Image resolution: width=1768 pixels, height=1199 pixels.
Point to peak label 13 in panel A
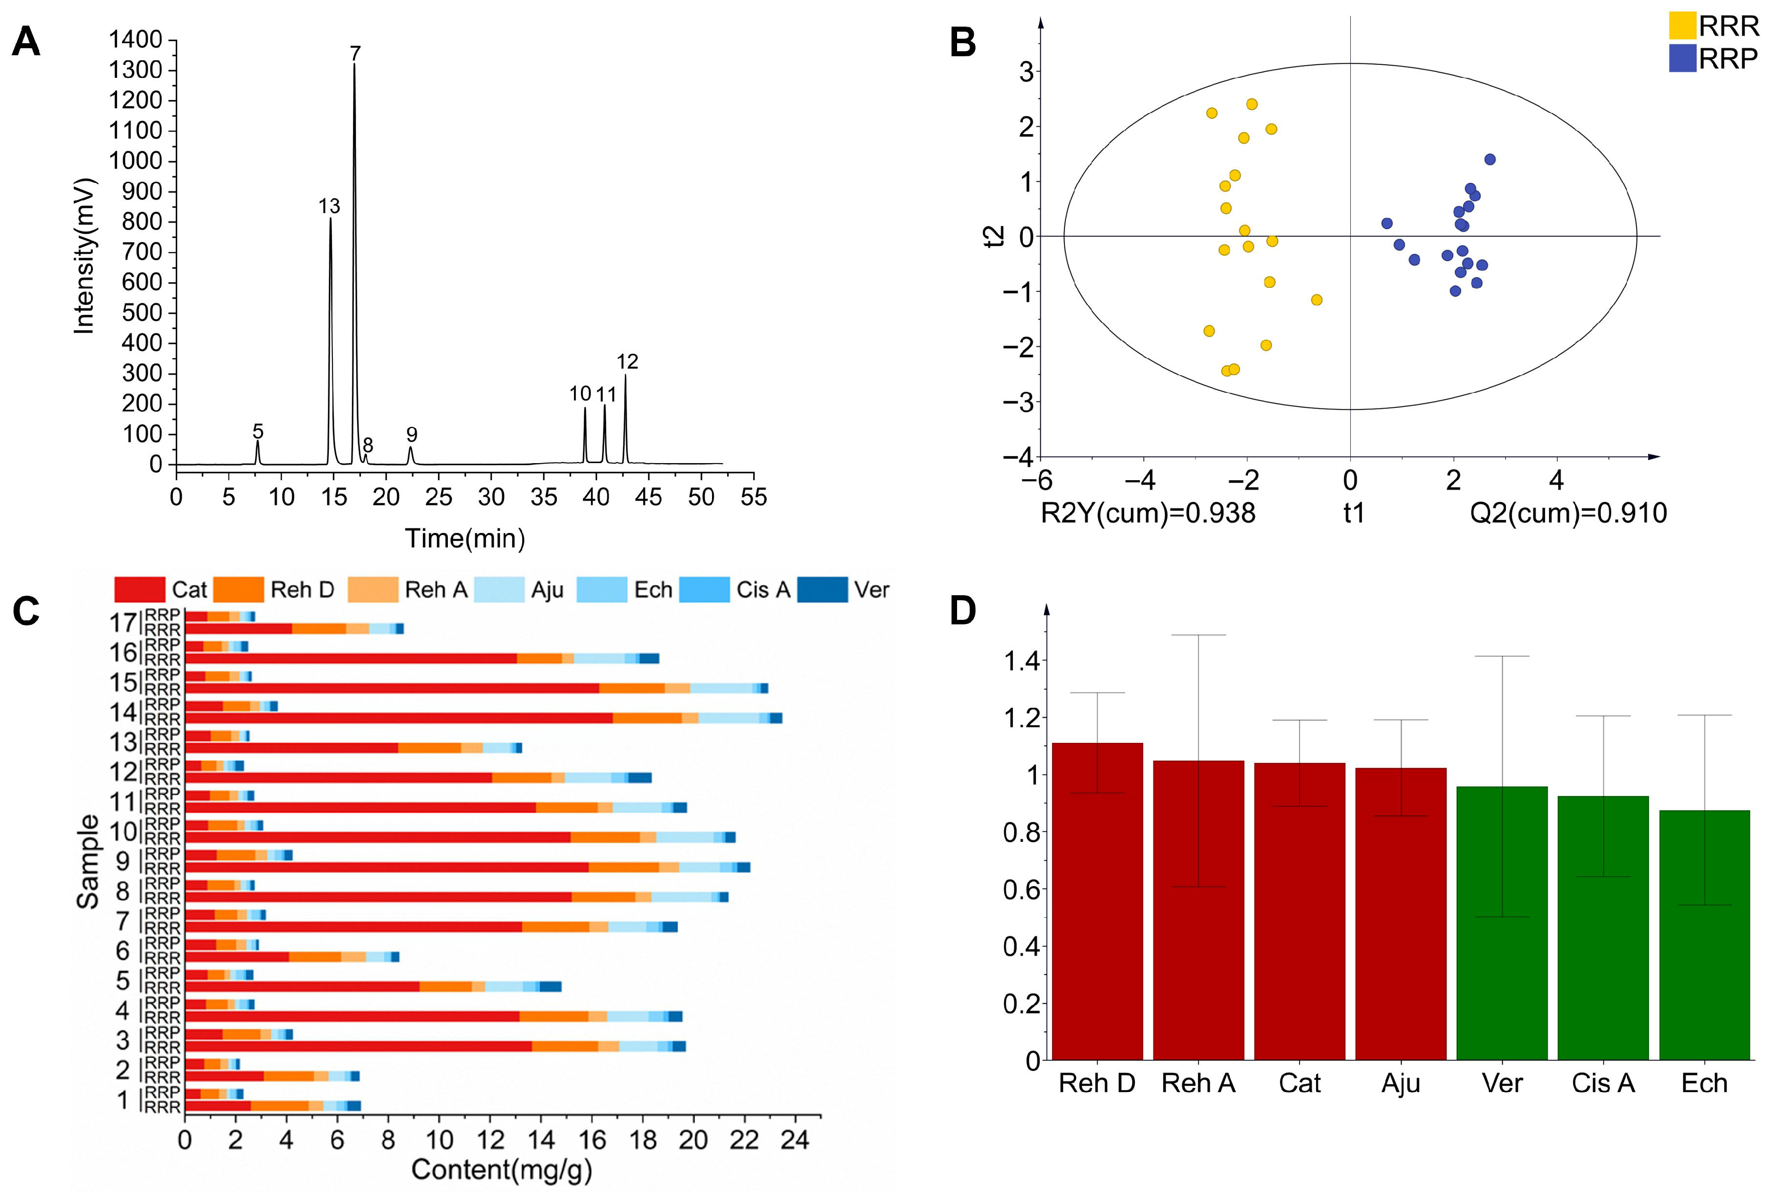pyautogui.click(x=329, y=206)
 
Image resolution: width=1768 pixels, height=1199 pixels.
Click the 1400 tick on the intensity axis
pyautogui.click(x=136, y=40)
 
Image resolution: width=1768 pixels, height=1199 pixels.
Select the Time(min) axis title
pyautogui.click(x=465, y=538)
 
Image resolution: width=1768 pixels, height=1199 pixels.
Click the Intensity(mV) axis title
pyautogui.click(x=84, y=256)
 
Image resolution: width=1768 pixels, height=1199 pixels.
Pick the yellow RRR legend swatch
pyautogui.click(x=1682, y=26)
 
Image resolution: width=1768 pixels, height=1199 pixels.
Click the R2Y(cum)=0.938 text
pyautogui.click(x=1147, y=513)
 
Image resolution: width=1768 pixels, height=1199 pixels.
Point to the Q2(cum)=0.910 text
pyautogui.click(x=1568, y=513)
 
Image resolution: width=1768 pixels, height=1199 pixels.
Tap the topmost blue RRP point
pyautogui.click(x=1489, y=160)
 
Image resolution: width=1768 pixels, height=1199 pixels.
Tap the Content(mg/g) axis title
pyautogui.click(x=501, y=1169)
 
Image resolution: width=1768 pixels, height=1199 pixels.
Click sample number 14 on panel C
pyautogui.click(x=123, y=712)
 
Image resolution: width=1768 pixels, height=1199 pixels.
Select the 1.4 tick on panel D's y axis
pyautogui.click(x=1021, y=661)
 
